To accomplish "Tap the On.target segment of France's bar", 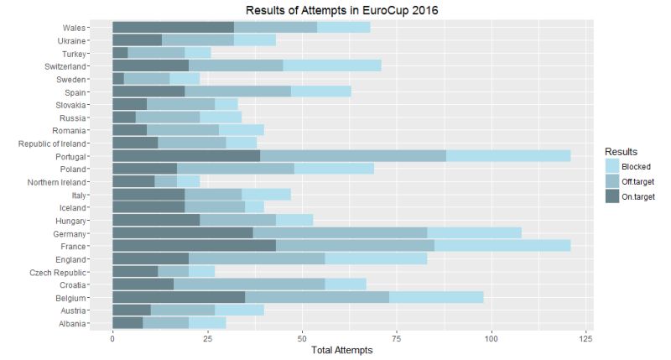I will click(x=194, y=246).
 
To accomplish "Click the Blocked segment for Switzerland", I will click(x=332, y=65).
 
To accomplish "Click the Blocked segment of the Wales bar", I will click(x=344, y=27).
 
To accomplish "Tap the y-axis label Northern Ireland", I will click(x=65, y=182).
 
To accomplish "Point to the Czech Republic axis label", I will click(x=70, y=272).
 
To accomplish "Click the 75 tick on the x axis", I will click(x=397, y=340).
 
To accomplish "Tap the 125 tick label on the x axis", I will click(x=586, y=340).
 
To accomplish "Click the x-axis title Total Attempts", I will click(x=341, y=352).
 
